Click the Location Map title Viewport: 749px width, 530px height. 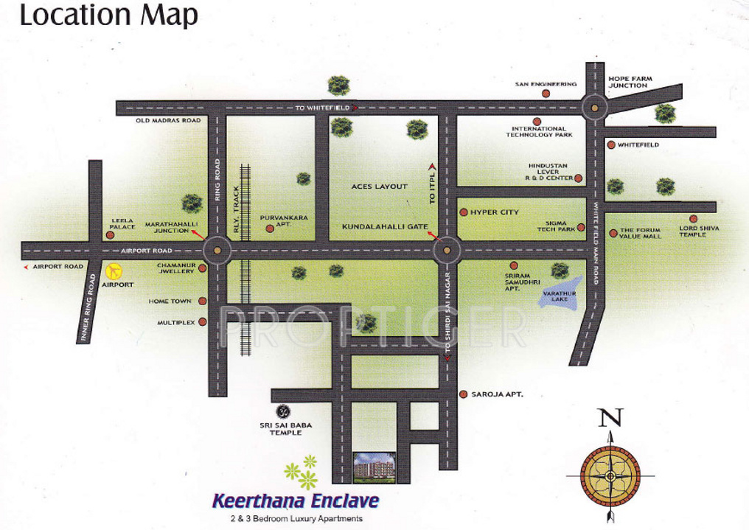(x=108, y=15)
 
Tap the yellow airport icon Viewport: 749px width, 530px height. (x=113, y=271)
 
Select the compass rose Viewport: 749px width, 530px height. (x=610, y=475)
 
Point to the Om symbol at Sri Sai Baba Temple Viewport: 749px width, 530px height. (x=282, y=411)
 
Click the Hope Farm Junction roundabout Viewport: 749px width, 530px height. (x=594, y=108)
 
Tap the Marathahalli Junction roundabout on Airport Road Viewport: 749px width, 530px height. (x=217, y=251)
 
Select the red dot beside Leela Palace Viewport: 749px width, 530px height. (x=110, y=235)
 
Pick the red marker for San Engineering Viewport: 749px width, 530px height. (x=546, y=94)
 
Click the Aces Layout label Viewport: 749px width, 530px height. (x=380, y=186)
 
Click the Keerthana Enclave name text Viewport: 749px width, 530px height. (x=296, y=502)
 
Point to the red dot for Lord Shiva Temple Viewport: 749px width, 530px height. (x=693, y=219)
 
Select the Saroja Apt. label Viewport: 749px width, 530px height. (x=497, y=394)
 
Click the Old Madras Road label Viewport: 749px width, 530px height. (x=168, y=120)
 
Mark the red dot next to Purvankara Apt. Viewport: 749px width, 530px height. (x=270, y=229)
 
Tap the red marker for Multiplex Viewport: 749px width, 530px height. (x=202, y=322)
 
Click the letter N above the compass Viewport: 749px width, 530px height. (x=610, y=418)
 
